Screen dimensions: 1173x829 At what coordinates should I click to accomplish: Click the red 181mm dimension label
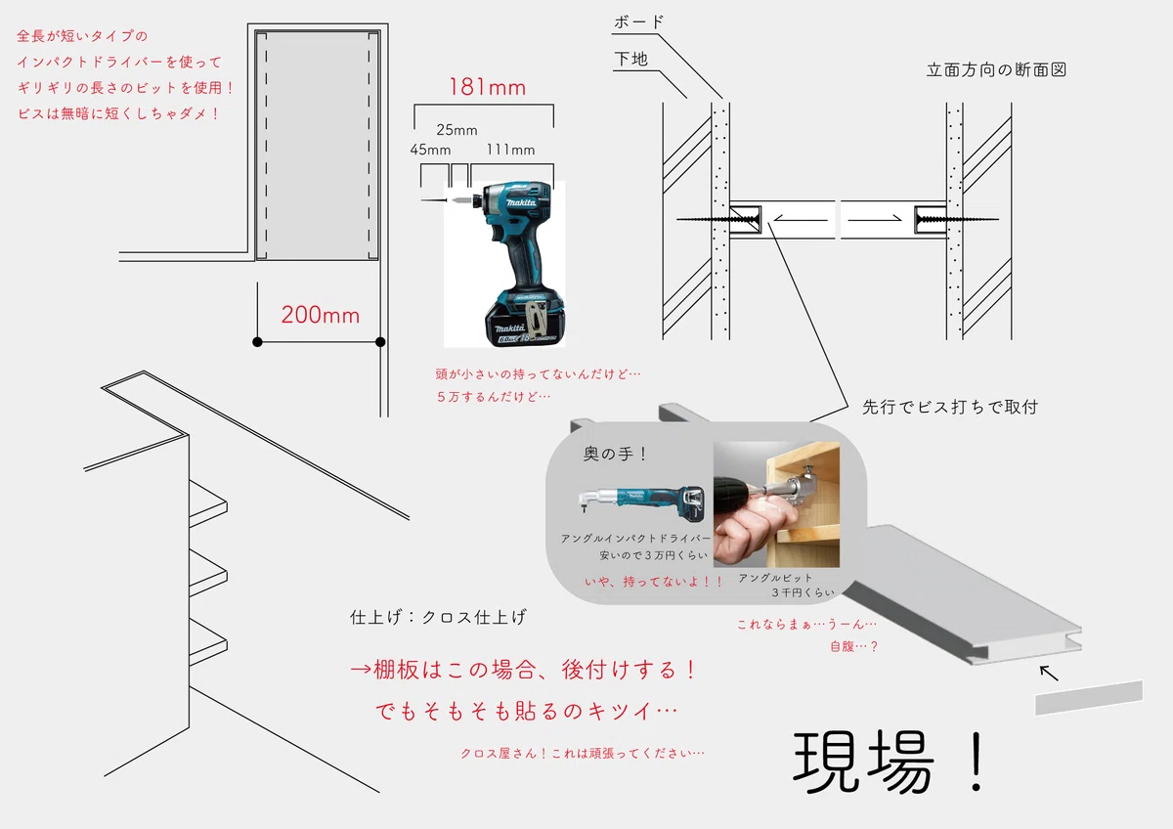tap(488, 87)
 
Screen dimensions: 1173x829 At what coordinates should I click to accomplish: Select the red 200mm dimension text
tap(321, 315)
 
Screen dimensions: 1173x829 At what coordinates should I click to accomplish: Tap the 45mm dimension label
tap(430, 150)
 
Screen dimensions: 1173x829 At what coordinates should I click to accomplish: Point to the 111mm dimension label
tap(510, 150)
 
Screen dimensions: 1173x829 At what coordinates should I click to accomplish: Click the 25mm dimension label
tap(456, 130)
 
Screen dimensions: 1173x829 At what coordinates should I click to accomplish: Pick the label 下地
tap(631, 59)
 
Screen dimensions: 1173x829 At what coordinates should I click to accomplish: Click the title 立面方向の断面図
tap(996, 69)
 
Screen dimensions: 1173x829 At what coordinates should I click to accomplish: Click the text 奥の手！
tap(615, 454)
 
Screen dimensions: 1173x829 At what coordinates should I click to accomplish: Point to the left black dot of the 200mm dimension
tap(257, 342)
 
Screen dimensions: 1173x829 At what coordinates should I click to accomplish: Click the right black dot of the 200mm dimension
tap(380, 342)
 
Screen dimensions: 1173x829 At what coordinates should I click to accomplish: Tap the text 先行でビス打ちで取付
tap(950, 407)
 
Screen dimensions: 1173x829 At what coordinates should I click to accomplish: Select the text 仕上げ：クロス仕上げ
tap(438, 617)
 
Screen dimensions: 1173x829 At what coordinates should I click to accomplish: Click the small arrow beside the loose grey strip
tap(1049, 674)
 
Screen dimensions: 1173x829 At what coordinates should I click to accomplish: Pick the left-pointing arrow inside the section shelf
tap(802, 219)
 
